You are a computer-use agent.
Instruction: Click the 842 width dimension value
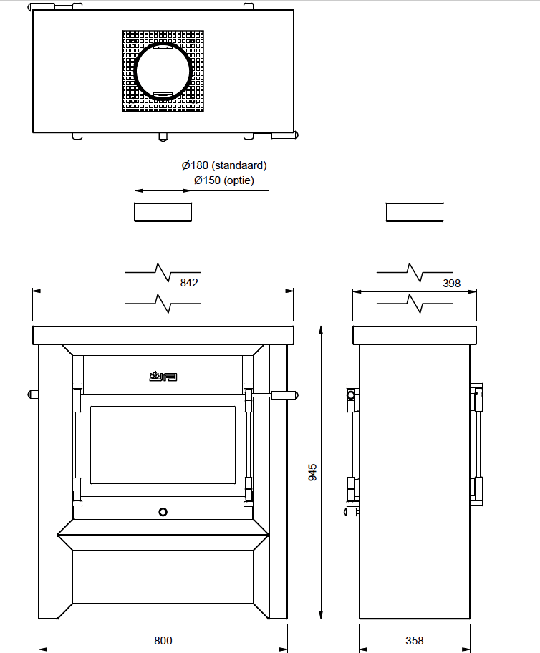tap(189, 282)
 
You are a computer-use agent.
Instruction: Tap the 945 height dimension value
tap(312, 473)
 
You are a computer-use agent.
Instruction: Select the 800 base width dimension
tap(163, 641)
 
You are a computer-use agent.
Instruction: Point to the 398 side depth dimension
tap(451, 284)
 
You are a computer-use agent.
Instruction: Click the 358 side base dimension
tap(414, 641)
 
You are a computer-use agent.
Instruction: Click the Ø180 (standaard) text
tap(224, 165)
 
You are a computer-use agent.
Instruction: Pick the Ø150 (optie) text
tap(224, 180)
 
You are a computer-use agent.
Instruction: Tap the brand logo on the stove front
tap(163, 377)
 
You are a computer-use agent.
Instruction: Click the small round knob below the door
tap(163, 512)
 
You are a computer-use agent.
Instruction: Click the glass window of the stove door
tap(163, 445)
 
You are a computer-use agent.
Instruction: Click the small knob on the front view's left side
tap(33, 394)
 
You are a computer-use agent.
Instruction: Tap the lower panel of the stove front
tap(163, 577)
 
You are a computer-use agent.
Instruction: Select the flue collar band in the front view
tap(163, 212)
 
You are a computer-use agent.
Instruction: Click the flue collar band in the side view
tap(415, 212)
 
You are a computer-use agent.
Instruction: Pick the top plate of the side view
tap(415, 335)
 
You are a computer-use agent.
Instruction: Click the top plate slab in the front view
tap(163, 335)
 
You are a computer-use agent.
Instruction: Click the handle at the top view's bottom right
tap(276, 135)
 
